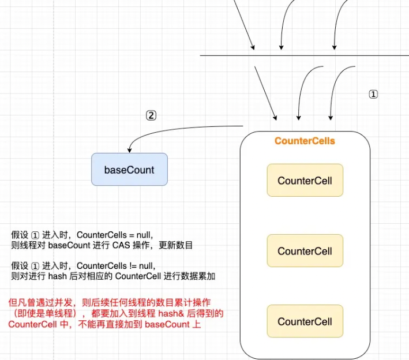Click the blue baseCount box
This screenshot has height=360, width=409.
pos(129,170)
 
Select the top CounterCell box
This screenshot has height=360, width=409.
pos(305,181)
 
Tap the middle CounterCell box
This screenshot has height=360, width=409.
pos(305,251)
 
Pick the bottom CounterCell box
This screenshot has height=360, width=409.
pos(305,321)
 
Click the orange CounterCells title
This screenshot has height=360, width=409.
pos(305,141)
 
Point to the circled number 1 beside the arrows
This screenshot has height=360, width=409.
pos(373,94)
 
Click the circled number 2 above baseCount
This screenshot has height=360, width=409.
pos(151,115)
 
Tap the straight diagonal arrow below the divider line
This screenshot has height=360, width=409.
pos(266,92)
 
